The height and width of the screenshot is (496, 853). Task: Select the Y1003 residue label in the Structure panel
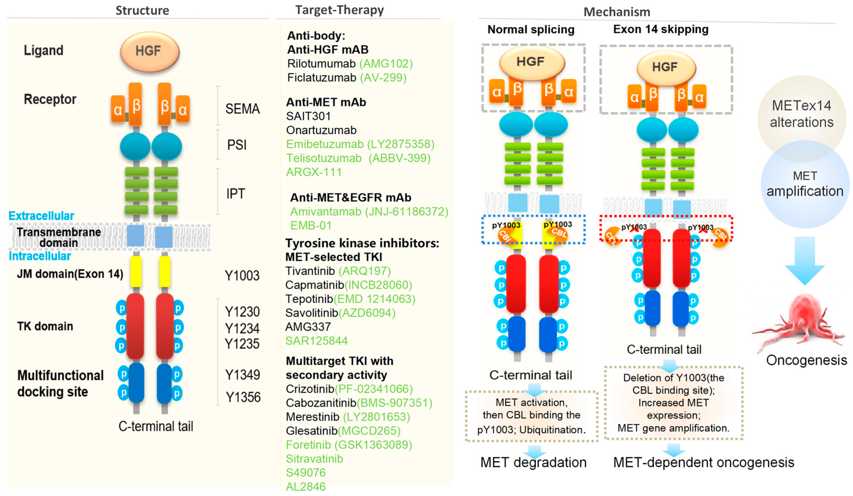[242, 276]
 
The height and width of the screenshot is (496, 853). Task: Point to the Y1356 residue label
[243, 397]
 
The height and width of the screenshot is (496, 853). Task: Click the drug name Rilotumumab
[321, 64]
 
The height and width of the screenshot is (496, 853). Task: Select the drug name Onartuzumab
[321, 130]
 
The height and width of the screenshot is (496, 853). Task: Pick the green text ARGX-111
[314, 172]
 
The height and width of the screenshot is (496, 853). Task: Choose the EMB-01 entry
[311, 226]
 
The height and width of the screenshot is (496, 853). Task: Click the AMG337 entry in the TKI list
[308, 327]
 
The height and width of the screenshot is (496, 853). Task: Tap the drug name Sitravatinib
[314, 459]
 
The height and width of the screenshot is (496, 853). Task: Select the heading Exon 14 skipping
[660, 29]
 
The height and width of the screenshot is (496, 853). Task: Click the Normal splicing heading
[531, 30]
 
